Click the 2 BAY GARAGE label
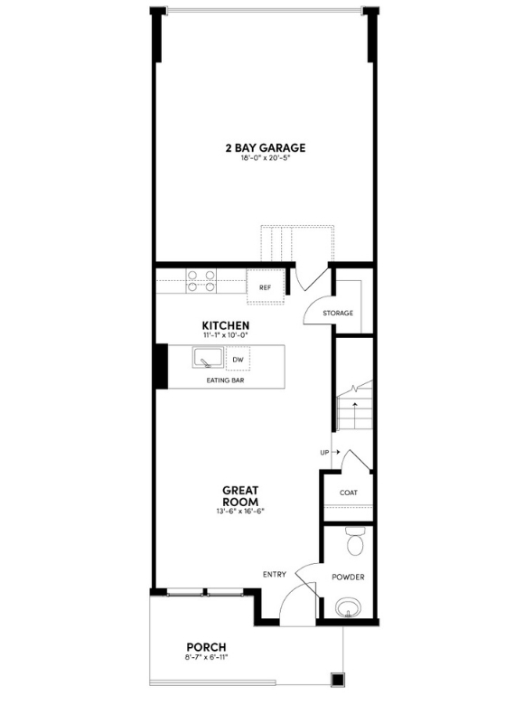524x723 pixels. [x=265, y=147]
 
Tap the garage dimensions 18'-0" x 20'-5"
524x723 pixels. [x=265, y=159]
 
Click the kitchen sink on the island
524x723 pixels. [x=207, y=359]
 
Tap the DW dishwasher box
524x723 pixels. [x=238, y=359]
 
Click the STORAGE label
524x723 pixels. [x=338, y=313]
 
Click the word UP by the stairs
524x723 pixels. [x=323, y=451]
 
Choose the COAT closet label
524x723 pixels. [x=348, y=493]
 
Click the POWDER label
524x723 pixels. [x=348, y=577]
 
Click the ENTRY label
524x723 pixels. [x=275, y=574]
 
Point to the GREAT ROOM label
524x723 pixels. [x=240, y=496]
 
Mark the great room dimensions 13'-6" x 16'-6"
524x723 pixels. [x=240, y=512]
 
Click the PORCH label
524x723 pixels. [x=206, y=646]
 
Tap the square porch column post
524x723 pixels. [x=338, y=679]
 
